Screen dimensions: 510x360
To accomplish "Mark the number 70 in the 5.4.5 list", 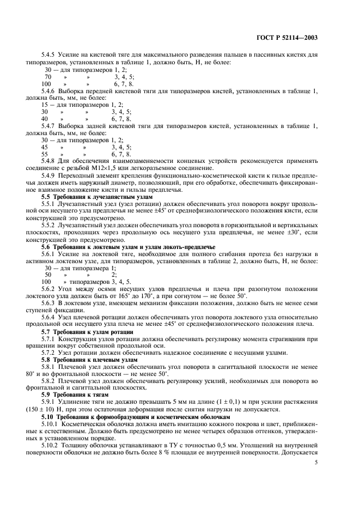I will click(x=48, y=77).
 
